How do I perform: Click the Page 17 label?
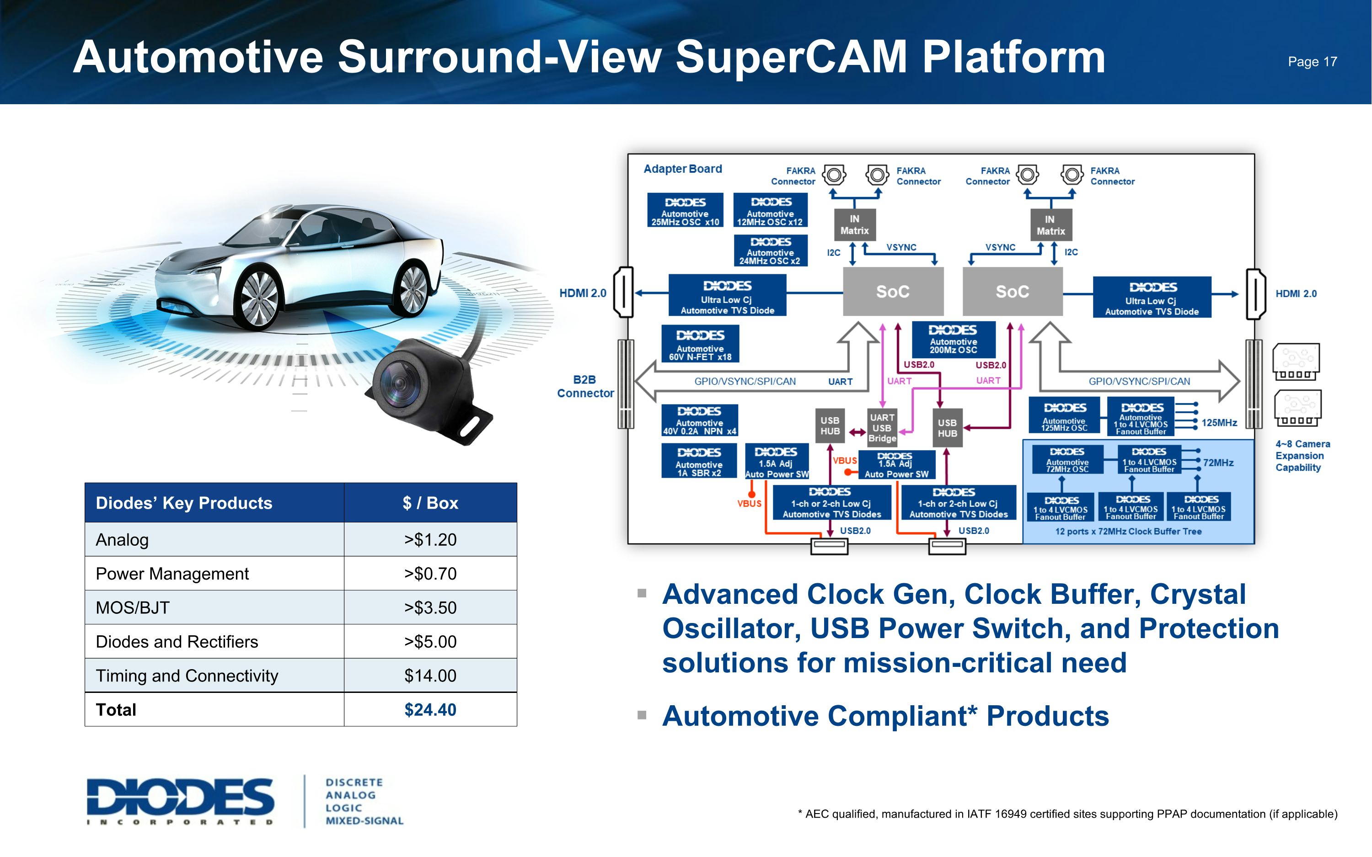[x=1312, y=62]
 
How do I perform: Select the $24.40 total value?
[x=430, y=710]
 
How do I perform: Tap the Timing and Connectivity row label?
[x=187, y=676]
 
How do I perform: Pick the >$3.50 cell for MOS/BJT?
[x=430, y=607]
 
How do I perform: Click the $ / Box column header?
[x=430, y=503]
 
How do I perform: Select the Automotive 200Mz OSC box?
[x=953, y=339]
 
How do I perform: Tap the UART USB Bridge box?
[x=882, y=427]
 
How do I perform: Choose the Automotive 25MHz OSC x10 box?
[x=685, y=210]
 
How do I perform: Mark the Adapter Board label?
[x=683, y=169]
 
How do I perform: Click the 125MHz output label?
[x=1219, y=423]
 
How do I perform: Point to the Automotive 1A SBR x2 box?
[x=699, y=461]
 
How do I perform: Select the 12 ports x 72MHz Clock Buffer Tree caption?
[x=1128, y=532]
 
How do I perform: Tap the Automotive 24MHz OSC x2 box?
[x=769, y=250]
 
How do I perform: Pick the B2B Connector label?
[x=585, y=387]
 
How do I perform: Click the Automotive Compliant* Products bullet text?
[x=885, y=716]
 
